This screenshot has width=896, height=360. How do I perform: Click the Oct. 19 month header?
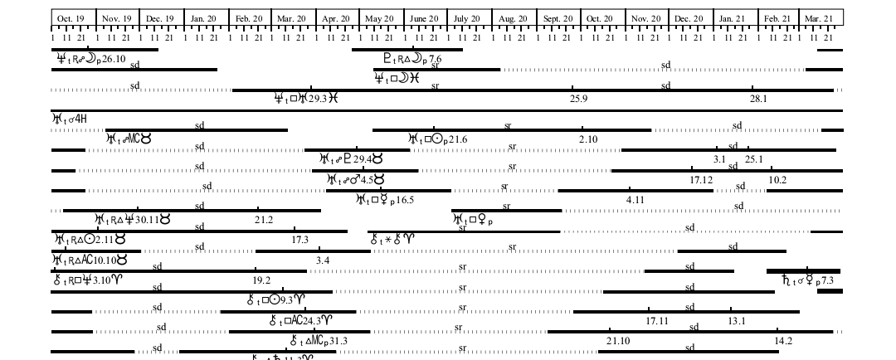point(71,18)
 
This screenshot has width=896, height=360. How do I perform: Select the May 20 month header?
point(379,18)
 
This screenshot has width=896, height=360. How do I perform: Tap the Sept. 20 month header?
point(558,18)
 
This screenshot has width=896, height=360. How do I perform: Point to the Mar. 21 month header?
point(818,18)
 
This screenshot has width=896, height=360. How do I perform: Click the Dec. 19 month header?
point(159,18)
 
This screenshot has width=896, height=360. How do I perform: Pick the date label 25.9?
point(578,100)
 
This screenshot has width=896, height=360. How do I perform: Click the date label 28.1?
point(758,100)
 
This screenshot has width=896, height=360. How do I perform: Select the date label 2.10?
point(588,139)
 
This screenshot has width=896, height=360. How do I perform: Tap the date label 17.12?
point(702,180)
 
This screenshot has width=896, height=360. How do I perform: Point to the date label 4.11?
point(635,200)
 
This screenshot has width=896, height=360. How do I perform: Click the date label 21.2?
point(264,220)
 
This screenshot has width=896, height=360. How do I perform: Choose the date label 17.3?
point(300,240)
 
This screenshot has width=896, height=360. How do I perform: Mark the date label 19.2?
point(261,280)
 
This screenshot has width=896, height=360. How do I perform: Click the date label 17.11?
point(658,321)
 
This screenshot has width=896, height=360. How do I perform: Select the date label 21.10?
point(618,341)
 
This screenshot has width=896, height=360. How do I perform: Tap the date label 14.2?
point(783,341)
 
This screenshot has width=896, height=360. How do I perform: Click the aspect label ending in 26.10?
point(91,59)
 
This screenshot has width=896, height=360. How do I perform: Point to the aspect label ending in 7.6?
point(412,59)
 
